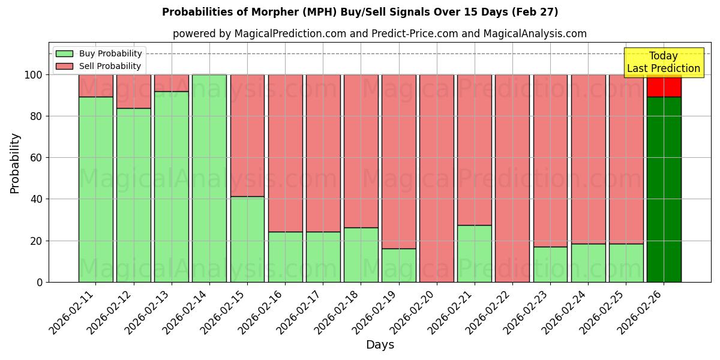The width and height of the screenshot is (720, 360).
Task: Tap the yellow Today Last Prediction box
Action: click(664, 62)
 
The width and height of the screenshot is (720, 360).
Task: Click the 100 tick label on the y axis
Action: click(34, 75)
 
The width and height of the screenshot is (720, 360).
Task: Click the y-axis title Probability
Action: click(15, 163)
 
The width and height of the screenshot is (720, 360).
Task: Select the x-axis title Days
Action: click(380, 345)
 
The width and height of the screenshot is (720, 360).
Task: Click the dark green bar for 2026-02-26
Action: click(664, 189)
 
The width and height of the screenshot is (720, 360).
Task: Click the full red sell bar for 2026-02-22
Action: click(512, 178)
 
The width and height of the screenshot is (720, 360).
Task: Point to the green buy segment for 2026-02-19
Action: click(399, 265)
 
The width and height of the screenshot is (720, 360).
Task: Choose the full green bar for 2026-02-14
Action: click(209, 178)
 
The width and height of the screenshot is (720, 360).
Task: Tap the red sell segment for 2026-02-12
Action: click(133, 91)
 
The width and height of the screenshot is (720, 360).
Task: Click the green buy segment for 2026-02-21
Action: click(475, 253)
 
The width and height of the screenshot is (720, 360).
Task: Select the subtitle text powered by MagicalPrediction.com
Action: click(379, 34)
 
